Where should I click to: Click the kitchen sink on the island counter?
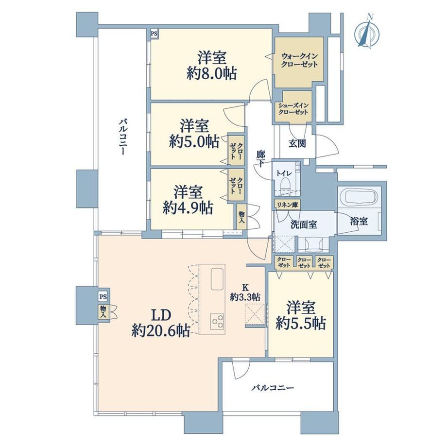click(218, 279)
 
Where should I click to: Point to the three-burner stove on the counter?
click(217, 321)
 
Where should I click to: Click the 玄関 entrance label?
click(297, 144)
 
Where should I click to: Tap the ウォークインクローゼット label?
click(299, 60)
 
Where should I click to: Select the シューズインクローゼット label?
click(293, 109)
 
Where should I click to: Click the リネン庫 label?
click(287, 205)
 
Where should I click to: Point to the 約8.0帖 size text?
click(211, 74)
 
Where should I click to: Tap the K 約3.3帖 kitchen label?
click(245, 292)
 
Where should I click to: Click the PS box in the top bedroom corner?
click(154, 34)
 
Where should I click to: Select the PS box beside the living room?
click(103, 297)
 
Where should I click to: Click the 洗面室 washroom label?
click(304, 224)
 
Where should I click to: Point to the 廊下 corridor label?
click(260, 158)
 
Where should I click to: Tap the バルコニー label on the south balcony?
click(273, 388)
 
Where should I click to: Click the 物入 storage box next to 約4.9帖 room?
click(241, 217)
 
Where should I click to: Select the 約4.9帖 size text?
click(188, 208)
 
